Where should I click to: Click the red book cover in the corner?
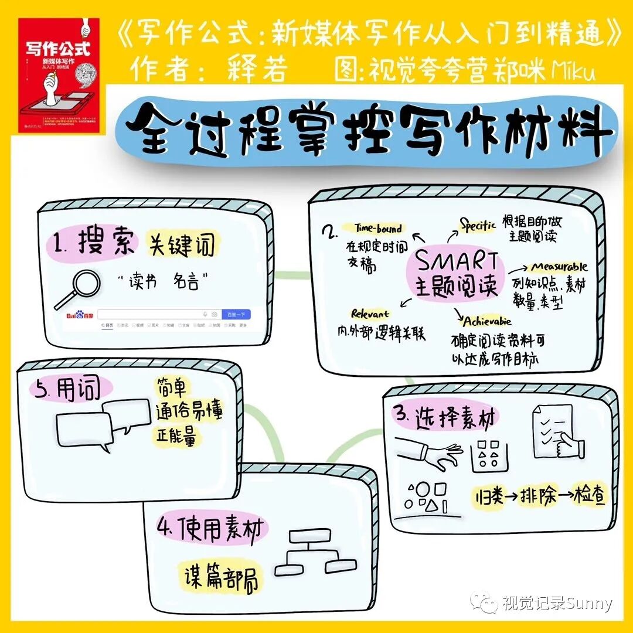58,76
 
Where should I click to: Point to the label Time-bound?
377,229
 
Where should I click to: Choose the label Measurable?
559,267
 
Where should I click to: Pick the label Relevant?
370,314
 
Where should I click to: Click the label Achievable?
487,321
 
